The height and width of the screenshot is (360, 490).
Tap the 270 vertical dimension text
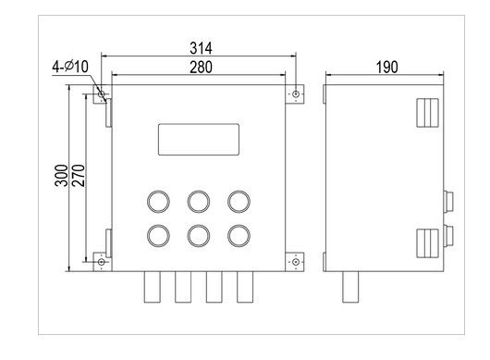click(78, 178)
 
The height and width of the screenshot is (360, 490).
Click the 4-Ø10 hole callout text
click(67, 67)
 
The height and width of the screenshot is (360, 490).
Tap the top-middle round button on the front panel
click(198, 201)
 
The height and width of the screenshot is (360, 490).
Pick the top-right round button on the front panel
click(239, 201)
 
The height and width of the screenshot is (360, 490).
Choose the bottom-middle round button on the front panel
click(198, 235)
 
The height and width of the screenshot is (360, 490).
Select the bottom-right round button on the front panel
click(239, 235)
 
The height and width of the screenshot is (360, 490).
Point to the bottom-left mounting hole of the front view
click(102, 262)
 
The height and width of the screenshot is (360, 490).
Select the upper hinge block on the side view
click(426, 113)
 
